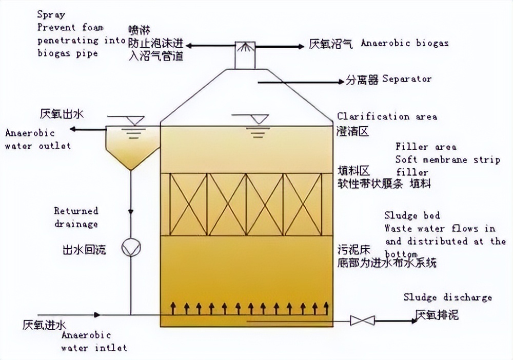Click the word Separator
407,79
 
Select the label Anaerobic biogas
405,43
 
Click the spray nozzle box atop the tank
245,54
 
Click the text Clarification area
387,116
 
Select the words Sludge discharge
447,297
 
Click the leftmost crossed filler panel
189,204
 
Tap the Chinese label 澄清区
353,131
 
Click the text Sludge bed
412,215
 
